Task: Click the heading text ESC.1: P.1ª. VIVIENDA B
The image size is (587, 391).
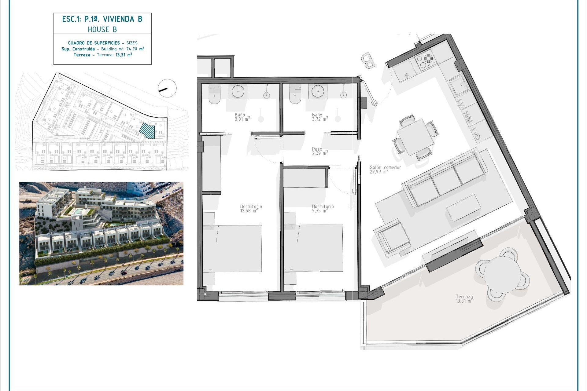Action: tap(102, 19)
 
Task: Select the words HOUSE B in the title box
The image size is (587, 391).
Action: tap(102, 30)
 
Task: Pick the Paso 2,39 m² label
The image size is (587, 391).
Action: tap(320, 151)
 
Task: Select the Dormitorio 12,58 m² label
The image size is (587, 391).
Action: tap(251, 208)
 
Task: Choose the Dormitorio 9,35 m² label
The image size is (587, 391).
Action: tap(323, 208)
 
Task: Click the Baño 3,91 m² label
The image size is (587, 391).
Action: tap(242, 117)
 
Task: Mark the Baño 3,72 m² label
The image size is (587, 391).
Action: tap(320, 117)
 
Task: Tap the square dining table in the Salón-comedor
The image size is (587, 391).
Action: tap(415, 137)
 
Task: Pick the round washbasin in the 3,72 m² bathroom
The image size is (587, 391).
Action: tap(318, 91)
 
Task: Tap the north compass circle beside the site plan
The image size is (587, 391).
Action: tap(167, 88)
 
